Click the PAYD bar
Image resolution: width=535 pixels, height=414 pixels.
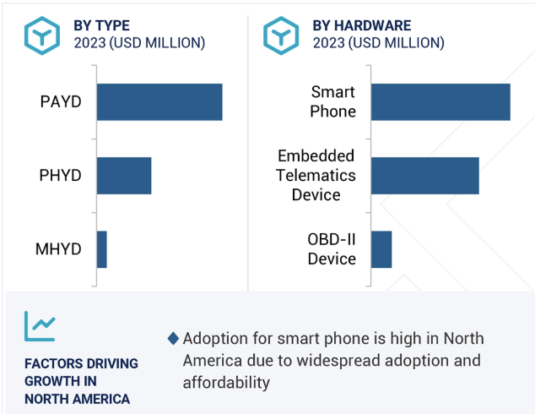(159, 102)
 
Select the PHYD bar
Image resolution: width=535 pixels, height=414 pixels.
(124, 176)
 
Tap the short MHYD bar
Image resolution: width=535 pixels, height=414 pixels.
(102, 249)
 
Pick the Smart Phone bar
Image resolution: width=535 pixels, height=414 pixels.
(440, 102)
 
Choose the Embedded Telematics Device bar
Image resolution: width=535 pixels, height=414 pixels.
(424, 176)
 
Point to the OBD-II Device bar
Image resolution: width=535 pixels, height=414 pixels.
(381, 249)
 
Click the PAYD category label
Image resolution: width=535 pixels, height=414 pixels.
(61, 102)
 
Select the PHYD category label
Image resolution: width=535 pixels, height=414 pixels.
(61, 176)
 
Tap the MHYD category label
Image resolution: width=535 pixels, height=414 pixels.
(59, 249)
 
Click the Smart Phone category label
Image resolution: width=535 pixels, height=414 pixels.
(332, 101)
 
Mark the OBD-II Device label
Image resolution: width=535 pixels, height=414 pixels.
(332, 249)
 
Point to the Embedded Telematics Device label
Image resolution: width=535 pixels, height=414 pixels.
(316, 176)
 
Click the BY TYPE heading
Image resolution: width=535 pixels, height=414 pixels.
(101, 25)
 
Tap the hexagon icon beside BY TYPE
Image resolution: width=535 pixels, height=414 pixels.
(40, 34)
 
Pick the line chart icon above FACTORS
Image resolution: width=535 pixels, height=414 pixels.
(40, 325)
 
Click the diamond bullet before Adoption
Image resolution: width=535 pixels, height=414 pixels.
(173, 339)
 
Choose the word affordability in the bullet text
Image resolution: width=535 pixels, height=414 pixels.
(225, 383)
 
